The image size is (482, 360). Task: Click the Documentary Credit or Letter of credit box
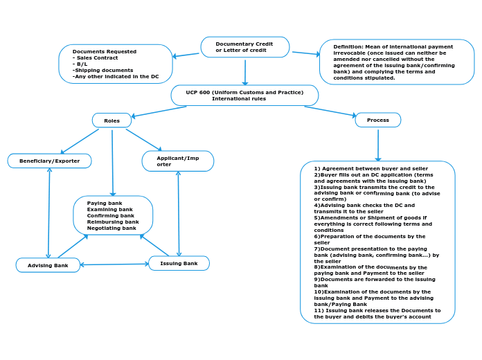pos(244,47)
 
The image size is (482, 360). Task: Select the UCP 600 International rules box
pos(244,95)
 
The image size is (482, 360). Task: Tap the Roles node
pos(111,120)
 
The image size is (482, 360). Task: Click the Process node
pos(377,120)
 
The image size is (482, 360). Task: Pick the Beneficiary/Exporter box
pos(49,161)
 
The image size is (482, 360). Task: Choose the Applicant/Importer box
pos(177,161)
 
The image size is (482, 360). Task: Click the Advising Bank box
pos(48,265)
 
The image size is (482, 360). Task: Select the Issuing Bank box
pos(179,263)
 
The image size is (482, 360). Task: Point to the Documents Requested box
pos(115,64)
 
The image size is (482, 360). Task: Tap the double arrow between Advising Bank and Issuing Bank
pos(114,264)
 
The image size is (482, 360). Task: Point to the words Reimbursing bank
pos(113,222)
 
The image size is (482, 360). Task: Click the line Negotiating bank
pos(111,228)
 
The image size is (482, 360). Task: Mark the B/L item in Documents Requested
pos(82,64)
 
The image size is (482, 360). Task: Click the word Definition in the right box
pos(347,46)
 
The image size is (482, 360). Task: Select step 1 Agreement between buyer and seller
pos(371,168)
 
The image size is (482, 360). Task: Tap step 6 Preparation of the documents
pos(369,236)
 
